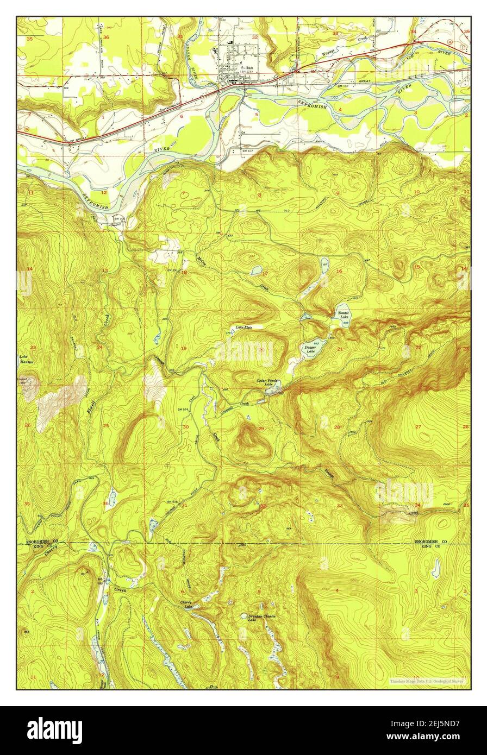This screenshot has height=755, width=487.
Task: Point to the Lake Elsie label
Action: pyautogui.click(x=243, y=327)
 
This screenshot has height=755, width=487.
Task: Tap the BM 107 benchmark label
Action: pyautogui.click(x=248, y=150)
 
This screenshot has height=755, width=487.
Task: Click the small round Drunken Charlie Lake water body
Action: pyautogui.click(x=244, y=616)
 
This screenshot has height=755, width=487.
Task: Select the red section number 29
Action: pyautogui.click(x=261, y=429)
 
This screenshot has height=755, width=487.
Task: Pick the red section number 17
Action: pyautogui.click(x=265, y=273)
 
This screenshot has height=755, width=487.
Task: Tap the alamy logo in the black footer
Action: pyautogui.click(x=54, y=729)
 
